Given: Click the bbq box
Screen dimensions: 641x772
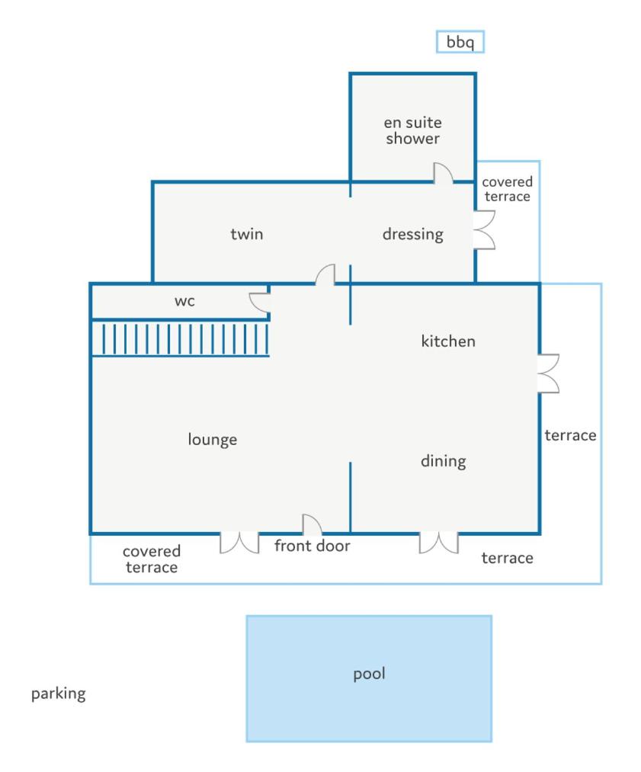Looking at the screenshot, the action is point(460,42).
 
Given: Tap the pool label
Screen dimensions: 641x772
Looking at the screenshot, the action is point(369,674).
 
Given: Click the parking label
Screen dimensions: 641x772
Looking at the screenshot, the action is point(59,694).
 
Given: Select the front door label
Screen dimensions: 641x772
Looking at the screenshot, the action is point(312,546).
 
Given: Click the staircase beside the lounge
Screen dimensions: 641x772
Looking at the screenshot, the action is point(181,338).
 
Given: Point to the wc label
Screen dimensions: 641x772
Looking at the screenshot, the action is point(184,301).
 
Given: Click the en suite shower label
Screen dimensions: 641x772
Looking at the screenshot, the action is point(412,130).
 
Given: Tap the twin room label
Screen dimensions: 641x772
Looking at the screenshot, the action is point(247,233).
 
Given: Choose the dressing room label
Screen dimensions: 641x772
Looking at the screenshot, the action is point(412,235).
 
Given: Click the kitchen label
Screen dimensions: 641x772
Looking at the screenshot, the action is point(448,341).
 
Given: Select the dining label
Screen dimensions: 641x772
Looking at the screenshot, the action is point(443,461).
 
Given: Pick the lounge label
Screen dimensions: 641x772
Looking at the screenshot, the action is point(212,440).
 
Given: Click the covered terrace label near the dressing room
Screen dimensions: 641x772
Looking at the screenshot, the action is point(507,189).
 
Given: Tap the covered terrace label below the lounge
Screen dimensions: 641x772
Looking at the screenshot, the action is point(152,559).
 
